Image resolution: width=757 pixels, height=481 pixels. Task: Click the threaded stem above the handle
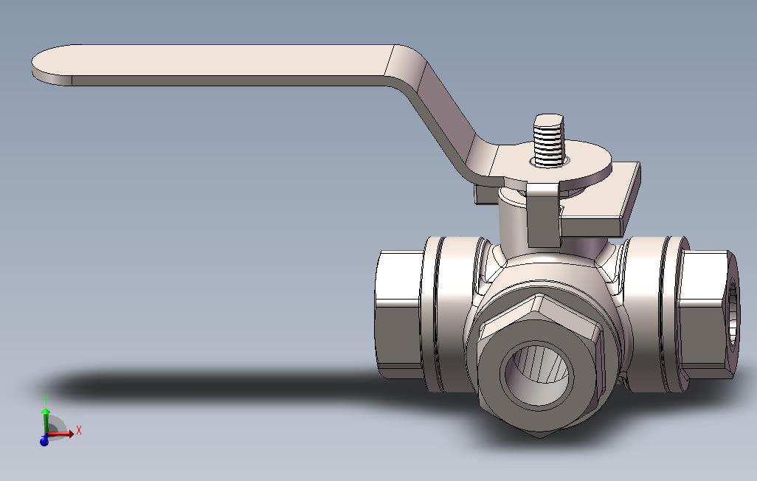549,140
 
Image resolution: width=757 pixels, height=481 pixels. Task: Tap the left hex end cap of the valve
398,314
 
